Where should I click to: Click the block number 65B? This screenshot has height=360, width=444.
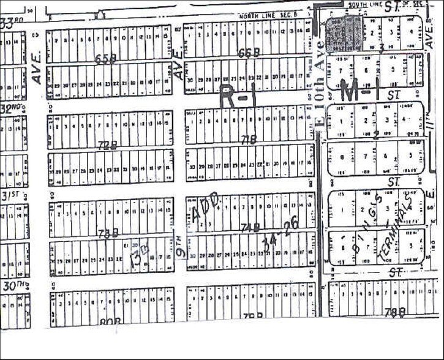(x=105, y=59)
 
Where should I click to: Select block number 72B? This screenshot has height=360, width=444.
(x=107, y=144)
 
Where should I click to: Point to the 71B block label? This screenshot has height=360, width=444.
(x=249, y=140)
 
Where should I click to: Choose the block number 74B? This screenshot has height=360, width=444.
(x=250, y=228)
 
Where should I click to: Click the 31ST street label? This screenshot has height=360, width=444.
(x=8, y=196)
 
